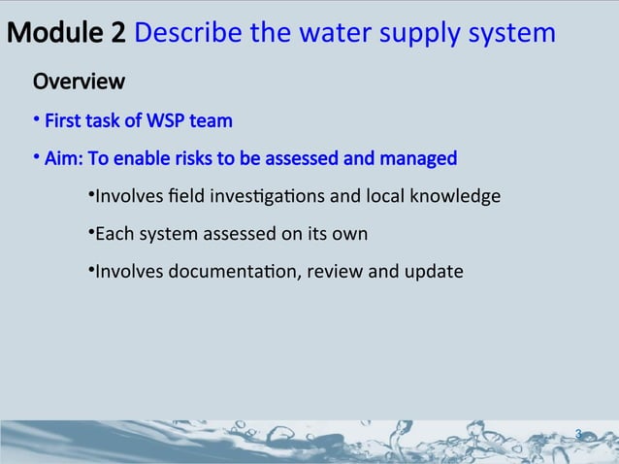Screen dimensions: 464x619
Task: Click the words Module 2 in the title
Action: pos(66,34)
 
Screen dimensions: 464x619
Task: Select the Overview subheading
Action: pos(79,80)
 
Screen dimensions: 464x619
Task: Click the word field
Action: pos(179,197)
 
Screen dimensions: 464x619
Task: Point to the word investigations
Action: pos(266,198)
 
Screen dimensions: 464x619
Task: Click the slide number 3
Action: pos(578,434)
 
